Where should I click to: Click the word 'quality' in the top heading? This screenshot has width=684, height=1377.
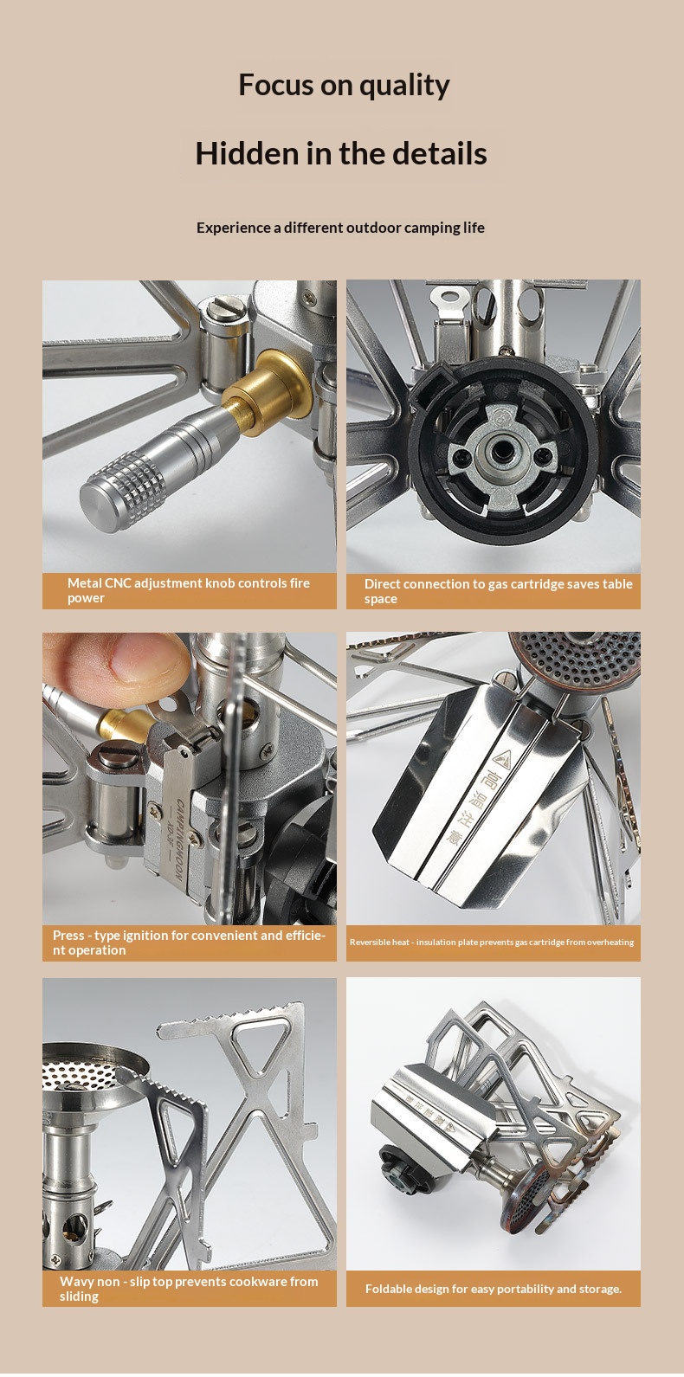(x=404, y=86)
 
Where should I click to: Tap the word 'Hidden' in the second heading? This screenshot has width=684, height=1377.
(x=245, y=154)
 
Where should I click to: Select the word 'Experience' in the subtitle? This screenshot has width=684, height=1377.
(x=234, y=228)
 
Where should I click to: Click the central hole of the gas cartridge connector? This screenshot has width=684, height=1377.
(x=502, y=453)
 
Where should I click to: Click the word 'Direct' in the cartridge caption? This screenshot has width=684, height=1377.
(x=383, y=584)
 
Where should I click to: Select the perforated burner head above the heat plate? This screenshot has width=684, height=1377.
(x=575, y=659)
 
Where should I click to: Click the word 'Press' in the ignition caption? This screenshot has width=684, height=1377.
(x=68, y=935)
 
